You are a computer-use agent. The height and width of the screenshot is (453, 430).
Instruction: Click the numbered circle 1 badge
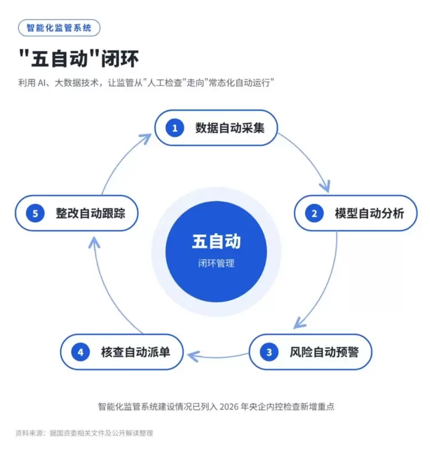click(175, 128)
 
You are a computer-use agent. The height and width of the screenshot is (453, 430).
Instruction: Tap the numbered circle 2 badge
click(314, 213)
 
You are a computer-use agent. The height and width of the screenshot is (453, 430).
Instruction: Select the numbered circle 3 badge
click(269, 352)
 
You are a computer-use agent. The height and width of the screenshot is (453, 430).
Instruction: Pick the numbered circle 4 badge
click(80, 352)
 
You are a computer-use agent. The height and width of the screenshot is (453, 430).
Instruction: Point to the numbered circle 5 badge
click(36, 213)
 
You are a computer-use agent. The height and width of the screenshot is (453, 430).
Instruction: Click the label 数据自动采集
click(230, 128)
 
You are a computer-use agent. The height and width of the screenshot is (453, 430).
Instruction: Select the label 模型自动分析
click(370, 214)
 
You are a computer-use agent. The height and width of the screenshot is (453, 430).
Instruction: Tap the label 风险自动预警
click(324, 352)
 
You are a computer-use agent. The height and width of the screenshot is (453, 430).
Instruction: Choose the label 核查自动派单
click(136, 352)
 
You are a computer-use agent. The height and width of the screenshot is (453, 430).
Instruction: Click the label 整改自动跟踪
click(91, 214)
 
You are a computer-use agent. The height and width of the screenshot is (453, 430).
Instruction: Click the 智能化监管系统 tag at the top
click(59, 27)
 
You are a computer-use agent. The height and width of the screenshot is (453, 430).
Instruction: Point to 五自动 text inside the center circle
click(216, 242)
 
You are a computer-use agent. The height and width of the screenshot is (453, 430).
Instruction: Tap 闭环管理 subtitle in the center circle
click(216, 263)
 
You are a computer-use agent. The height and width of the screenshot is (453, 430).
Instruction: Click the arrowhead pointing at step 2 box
click(326, 186)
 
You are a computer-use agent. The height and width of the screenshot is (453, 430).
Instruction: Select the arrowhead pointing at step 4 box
click(193, 356)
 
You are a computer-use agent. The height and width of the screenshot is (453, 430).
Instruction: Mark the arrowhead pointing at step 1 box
click(146, 138)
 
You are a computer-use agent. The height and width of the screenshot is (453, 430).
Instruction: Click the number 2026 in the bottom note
click(229, 407)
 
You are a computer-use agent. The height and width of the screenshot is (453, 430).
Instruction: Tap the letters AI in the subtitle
click(42, 83)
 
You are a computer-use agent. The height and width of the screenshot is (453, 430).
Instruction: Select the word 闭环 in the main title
click(120, 58)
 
